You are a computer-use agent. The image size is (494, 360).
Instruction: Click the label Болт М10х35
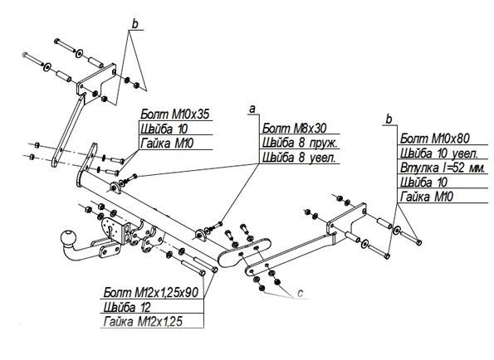pos(175,114)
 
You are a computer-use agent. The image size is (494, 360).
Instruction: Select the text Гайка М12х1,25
pos(143,322)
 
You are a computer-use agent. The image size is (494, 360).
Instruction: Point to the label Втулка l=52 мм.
pos(443,168)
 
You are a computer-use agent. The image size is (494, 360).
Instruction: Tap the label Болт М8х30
pos(294,129)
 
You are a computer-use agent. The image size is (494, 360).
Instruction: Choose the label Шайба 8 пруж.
pos(300,144)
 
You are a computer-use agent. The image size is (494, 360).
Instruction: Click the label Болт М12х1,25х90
pos(151,292)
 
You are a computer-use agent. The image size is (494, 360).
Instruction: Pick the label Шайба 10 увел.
pos(439,153)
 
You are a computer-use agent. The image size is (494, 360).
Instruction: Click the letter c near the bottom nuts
pos(300,293)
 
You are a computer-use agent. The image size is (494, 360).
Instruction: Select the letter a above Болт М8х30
pos(252,109)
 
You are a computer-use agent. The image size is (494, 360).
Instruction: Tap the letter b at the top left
pos(135,24)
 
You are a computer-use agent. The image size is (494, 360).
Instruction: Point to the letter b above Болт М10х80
pos(389,119)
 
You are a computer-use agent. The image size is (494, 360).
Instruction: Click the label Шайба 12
pos(127,307)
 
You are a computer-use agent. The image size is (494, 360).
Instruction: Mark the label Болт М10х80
pos(435,139)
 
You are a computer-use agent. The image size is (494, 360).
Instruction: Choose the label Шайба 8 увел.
pos(299,158)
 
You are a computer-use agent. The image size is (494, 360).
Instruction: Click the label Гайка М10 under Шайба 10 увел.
pos(426,197)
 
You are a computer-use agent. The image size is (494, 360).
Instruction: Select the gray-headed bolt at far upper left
pos(33,59)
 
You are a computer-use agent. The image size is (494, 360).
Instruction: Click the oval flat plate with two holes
pos(244,253)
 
